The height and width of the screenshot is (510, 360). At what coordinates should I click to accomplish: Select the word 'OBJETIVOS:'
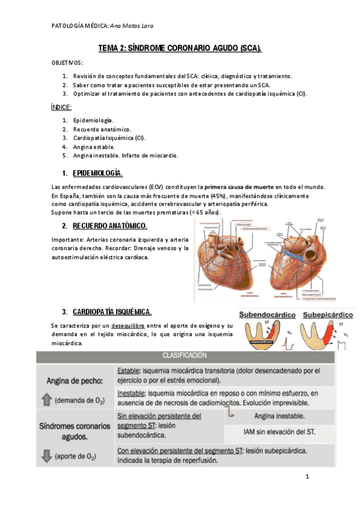[68, 63]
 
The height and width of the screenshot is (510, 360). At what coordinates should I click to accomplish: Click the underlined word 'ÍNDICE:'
[61, 108]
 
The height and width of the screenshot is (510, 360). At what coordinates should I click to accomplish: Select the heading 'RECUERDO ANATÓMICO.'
[110, 226]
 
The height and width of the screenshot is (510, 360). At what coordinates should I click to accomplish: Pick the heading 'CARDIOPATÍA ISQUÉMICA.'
[112, 312]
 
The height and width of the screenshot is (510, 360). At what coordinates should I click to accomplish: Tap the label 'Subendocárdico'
[267, 315]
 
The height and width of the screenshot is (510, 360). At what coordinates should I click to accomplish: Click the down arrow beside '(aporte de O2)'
[46, 456]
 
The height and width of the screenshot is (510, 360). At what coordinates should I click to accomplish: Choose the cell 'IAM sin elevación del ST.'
[279, 431]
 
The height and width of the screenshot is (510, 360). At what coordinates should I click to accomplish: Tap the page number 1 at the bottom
[307, 477]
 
